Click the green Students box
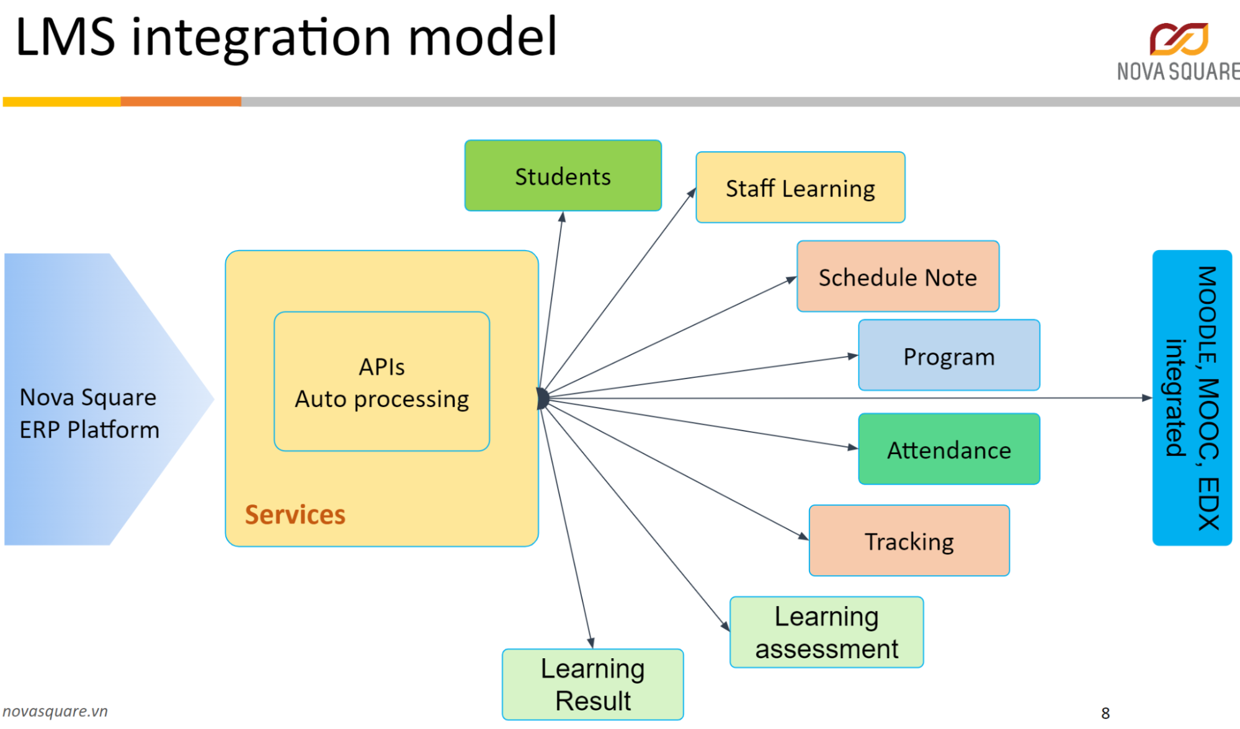[563, 176]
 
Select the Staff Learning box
[800, 187]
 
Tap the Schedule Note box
[898, 277]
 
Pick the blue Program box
[948, 356]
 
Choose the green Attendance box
[948, 449]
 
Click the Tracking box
[909, 541]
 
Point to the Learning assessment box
[826, 632]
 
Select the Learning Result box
[592, 684]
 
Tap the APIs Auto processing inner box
[381, 382]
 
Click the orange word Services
[295, 514]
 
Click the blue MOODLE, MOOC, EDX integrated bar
[1192, 398]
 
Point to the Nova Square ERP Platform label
[89, 413]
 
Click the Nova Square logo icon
[1179, 38]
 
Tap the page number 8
[1105, 713]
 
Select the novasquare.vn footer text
[55, 711]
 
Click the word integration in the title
[261, 37]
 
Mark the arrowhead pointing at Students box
[562, 217]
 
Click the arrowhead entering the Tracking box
[803, 536]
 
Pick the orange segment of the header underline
[181, 101]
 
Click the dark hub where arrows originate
[542, 398]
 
